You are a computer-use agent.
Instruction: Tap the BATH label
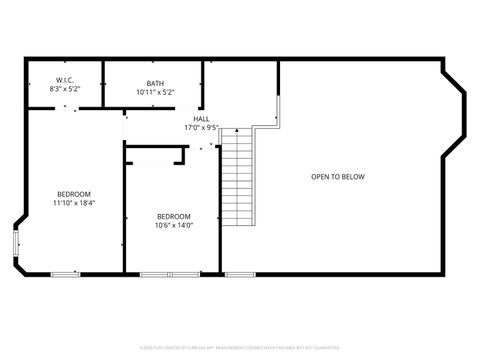pos(155,83)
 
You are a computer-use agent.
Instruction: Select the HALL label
pos(201,118)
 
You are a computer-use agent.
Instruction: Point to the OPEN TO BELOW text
pos(337,176)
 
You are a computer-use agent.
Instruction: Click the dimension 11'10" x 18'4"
pos(74,203)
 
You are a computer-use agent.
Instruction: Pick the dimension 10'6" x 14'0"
pos(174,225)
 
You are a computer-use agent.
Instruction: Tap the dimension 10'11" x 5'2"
pos(155,92)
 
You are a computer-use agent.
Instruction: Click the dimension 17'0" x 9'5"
pos(201,127)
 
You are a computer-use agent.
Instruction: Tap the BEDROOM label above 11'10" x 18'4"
pos(74,194)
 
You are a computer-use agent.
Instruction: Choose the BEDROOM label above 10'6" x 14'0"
pos(174,216)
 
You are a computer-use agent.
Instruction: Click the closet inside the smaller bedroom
pos(155,155)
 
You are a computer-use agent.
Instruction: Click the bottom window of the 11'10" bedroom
pos(65,273)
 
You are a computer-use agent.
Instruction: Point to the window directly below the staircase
pos(239,273)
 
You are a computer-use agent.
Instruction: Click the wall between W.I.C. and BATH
pos(104,83)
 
